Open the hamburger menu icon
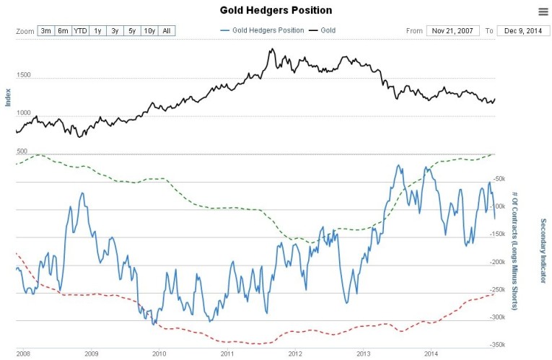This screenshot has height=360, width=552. click(543, 11)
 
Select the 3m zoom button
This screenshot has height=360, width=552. click(46, 31)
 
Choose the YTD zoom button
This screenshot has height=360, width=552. click(80, 31)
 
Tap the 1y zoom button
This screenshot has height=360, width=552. click(97, 31)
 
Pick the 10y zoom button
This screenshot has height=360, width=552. click(149, 31)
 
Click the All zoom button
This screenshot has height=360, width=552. click(167, 31)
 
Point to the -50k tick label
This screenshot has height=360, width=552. click(499, 180)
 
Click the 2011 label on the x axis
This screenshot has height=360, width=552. click(227, 354)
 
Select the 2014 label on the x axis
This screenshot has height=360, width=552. click(431, 354)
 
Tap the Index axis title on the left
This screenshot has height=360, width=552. click(9, 97)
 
